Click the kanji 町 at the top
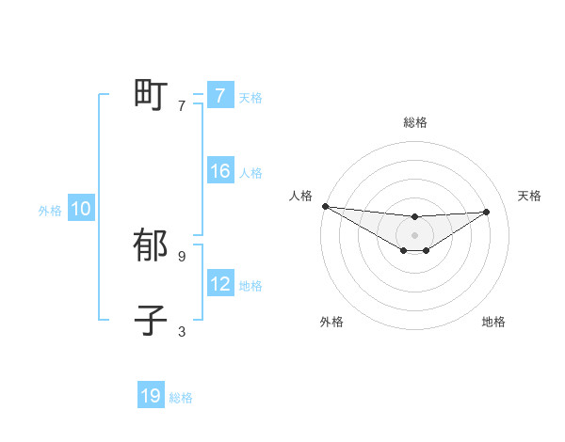pos(151,94)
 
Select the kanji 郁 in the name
pos(151,245)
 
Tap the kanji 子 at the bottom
pos(151,320)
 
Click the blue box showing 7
pos(219,96)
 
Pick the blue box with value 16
pos(219,171)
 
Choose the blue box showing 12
pos(219,284)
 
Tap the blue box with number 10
pos(81,210)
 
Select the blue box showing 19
pos(151,396)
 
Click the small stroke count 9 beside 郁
pos(182,256)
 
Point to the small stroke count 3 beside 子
pos(182,331)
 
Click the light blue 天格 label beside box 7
pos(250,97)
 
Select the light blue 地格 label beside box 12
pos(250,285)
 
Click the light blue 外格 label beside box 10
pos(50,211)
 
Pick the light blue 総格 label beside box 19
pos(181,398)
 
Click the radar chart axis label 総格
pos(414,122)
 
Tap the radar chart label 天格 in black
pos(529,196)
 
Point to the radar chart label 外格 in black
pos(331,322)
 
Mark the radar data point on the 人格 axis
pos(325,206)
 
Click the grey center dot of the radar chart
pos(414,235)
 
